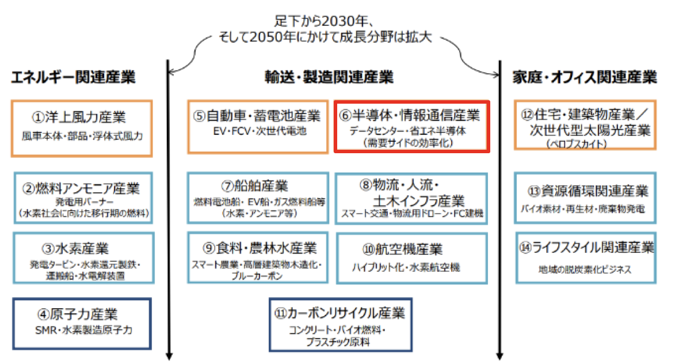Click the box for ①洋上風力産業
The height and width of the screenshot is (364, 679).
pos(81,128)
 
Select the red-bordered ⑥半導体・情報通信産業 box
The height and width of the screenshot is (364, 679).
pos(411,127)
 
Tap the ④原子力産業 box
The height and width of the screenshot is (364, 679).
pos(81,323)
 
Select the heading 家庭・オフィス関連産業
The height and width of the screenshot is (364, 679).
pos(585,77)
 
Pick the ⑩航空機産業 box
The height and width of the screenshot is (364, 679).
pos(411,257)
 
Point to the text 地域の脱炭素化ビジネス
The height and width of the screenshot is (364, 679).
pos(585,269)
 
